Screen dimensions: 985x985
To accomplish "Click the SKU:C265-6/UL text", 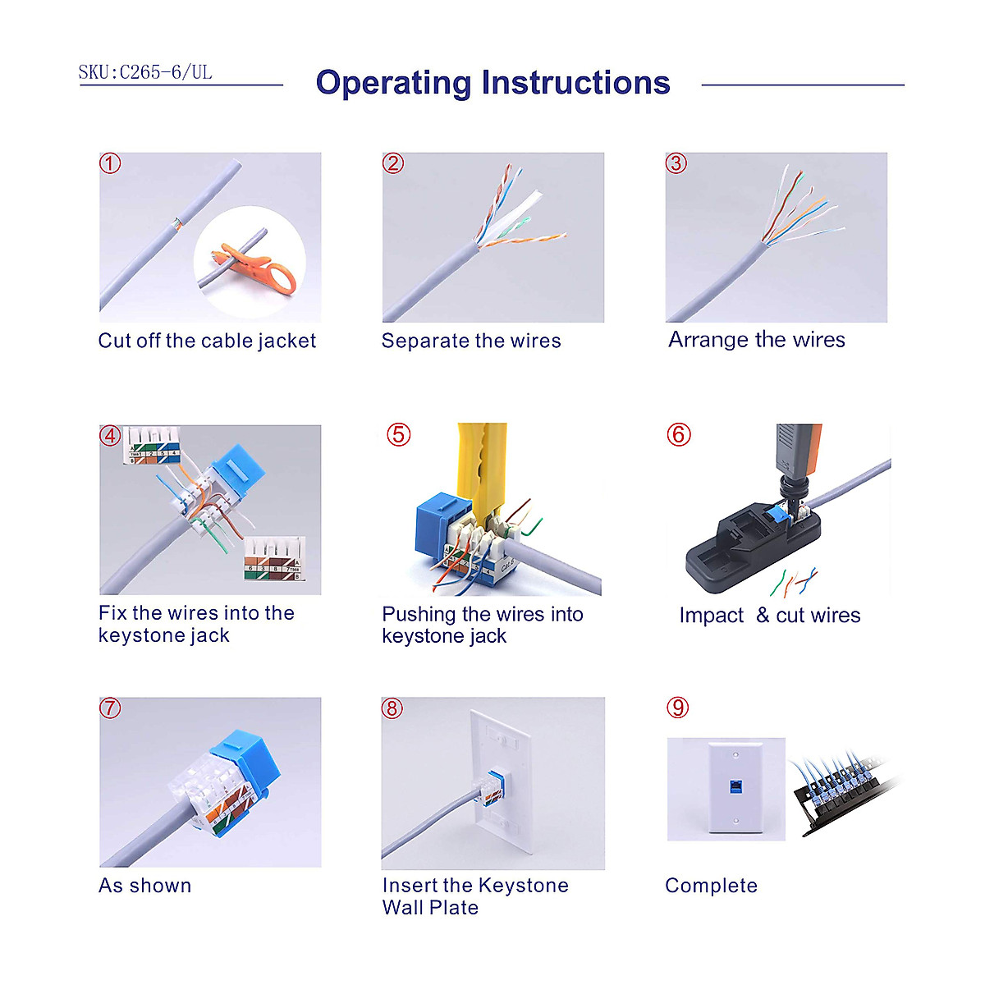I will [145, 72].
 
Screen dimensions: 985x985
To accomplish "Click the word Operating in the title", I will [395, 83].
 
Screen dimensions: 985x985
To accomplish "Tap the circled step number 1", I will [110, 163].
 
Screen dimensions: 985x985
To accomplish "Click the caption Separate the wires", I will [471, 341].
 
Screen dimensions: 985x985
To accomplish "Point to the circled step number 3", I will [676, 163].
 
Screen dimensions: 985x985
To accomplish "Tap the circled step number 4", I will [110, 436].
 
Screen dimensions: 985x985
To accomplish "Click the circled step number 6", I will [679, 434].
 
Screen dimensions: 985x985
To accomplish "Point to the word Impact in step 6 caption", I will [711, 616].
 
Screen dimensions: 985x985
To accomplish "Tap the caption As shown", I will [145, 886].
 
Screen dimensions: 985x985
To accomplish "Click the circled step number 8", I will [392, 708].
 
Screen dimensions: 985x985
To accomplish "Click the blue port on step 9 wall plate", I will [733, 786].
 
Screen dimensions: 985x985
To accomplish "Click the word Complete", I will [711, 886].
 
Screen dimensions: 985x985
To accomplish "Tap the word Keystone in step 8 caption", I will [523, 886].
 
